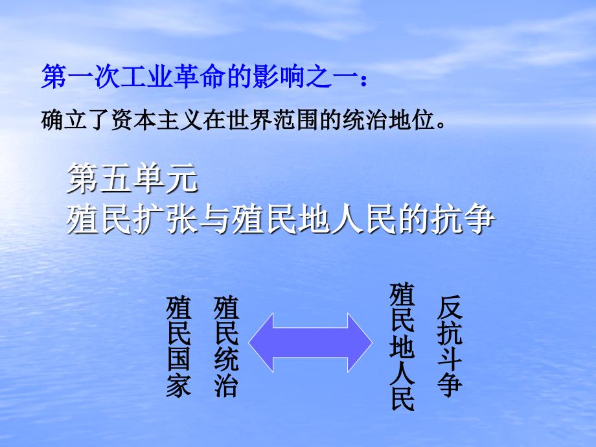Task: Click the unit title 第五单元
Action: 132,179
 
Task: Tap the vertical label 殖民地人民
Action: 402,347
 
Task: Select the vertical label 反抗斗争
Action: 450,347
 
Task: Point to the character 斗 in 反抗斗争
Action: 450,360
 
